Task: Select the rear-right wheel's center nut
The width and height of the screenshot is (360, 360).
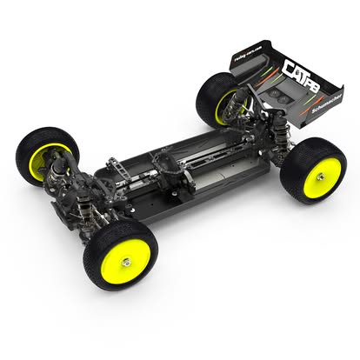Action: click(x=320, y=177)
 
